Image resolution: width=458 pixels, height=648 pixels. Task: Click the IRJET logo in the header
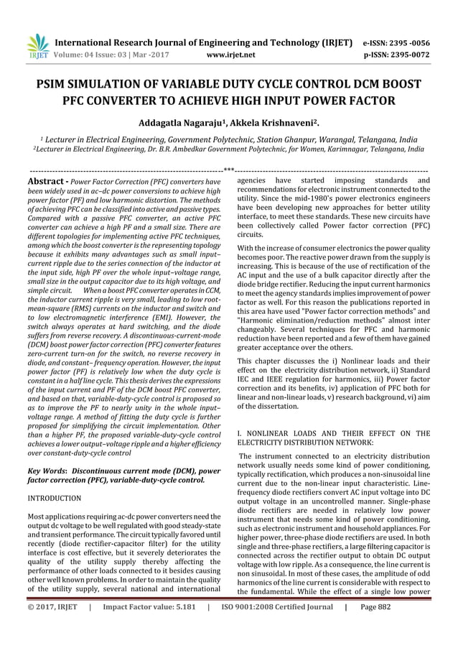coord(35,45)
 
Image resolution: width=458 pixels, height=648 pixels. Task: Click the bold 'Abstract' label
coord(47,182)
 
